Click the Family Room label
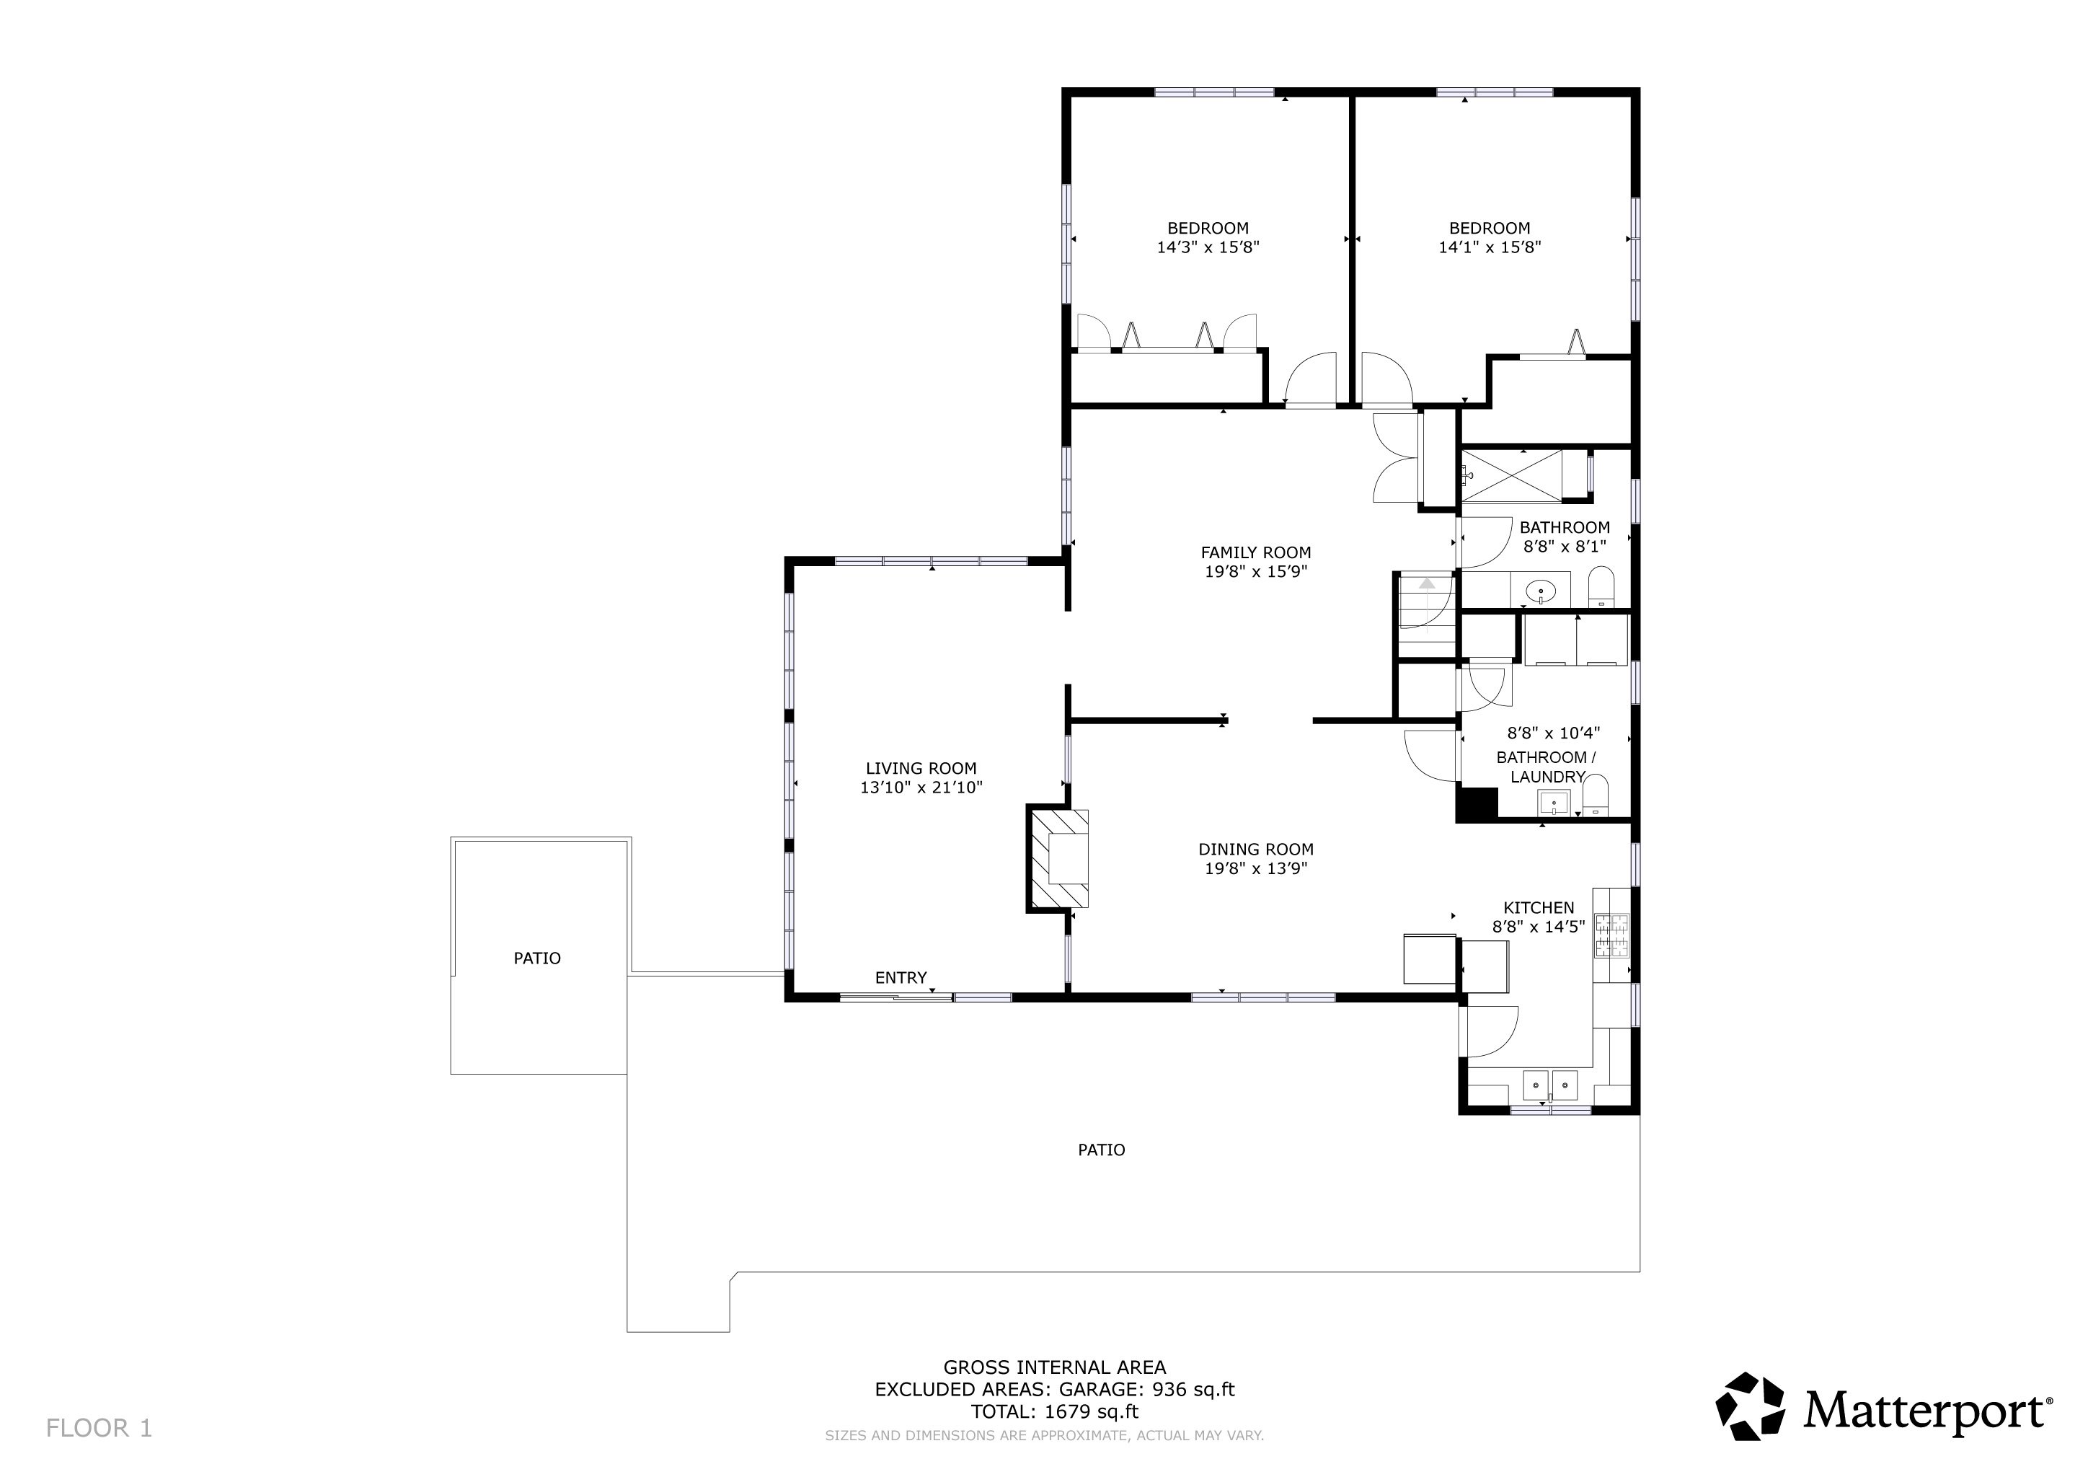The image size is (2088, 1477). click(1256, 552)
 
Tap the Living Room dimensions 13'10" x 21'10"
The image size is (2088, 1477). click(921, 788)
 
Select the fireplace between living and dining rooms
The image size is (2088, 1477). click(1058, 857)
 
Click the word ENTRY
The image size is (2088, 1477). click(901, 978)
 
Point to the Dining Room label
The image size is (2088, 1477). click(1256, 850)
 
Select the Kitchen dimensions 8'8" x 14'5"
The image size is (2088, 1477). click(1539, 927)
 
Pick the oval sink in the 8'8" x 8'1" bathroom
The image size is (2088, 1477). click(1541, 592)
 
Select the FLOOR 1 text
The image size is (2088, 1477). click(99, 1429)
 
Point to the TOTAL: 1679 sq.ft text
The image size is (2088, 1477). click(1054, 1411)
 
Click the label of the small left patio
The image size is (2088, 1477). click(536, 958)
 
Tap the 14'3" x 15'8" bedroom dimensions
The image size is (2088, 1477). click(1208, 247)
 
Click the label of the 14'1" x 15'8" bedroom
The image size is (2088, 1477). click(1490, 229)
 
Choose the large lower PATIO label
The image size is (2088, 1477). click(1101, 1150)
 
